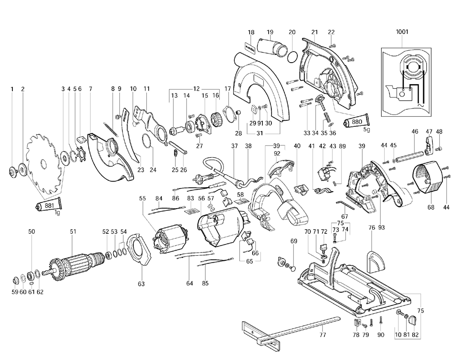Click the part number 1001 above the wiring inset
pyautogui.click(x=402, y=32)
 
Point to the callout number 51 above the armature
pyautogui.click(x=73, y=231)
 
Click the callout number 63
pyautogui.click(x=141, y=284)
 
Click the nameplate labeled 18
pyautogui.click(x=250, y=47)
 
